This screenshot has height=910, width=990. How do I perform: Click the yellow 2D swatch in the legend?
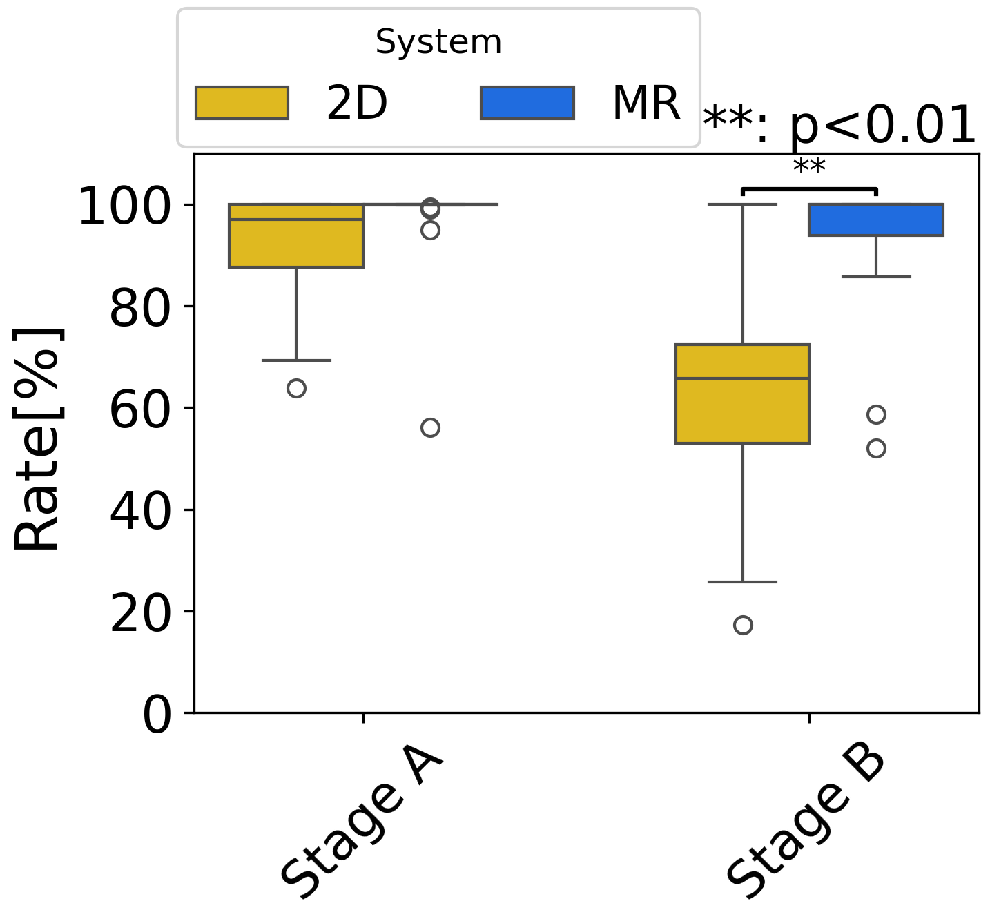click(242, 103)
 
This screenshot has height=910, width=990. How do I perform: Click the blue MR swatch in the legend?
click(527, 103)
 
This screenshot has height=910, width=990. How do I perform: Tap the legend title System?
click(438, 43)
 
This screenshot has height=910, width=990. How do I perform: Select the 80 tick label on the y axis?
click(139, 308)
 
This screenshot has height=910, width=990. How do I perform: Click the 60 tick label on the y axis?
click(139, 409)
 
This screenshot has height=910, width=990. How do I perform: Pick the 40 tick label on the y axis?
click(139, 511)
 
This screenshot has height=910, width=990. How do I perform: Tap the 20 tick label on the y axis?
click(139, 612)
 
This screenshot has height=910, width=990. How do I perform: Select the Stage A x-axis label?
click(360, 825)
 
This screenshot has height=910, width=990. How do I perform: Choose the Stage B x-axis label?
click(806, 825)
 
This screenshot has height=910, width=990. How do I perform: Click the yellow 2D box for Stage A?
click(296, 236)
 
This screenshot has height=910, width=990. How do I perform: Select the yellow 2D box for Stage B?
click(742, 394)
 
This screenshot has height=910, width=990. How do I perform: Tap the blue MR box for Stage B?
click(876, 220)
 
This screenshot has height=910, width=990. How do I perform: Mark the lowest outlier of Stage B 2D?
click(743, 626)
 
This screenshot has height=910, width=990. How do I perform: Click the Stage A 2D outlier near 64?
click(296, 389)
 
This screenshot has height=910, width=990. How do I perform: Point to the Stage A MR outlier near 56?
click(430, 428)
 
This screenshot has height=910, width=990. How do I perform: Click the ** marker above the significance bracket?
click(809, 168)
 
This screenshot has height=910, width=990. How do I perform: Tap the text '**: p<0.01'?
click(839, 126)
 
